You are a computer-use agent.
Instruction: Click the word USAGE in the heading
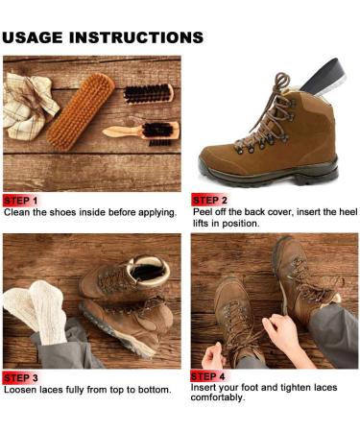click(x=33, y=37)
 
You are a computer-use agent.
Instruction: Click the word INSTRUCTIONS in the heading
click(x=136, y=37)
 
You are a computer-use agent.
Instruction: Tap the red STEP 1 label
click(x=20, y=201)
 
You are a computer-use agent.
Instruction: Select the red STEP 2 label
click(x=209, y=200)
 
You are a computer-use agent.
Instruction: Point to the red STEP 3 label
click(x=20, y=377)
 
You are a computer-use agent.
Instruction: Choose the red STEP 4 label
click(x=208, y=376)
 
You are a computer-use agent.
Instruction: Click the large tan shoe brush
click(x=81, y=111)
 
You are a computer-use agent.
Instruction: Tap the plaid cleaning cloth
click(x=29, y=107)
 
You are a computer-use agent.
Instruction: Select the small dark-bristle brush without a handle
click(x=149, y=93)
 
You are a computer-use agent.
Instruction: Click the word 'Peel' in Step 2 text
click(x=203, y=212)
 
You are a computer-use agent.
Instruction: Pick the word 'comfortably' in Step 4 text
click(x=218, y=398)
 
